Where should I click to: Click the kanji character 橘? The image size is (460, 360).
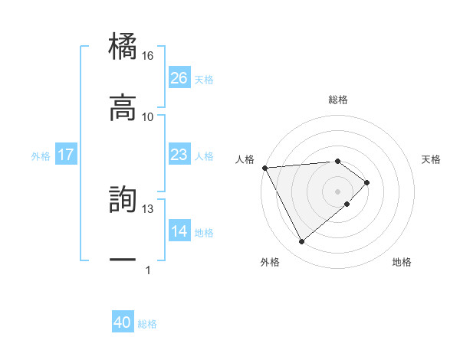123,47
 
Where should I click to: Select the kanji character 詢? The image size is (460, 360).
123,200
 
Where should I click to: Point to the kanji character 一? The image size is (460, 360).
123,260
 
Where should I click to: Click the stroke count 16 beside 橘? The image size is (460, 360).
147,56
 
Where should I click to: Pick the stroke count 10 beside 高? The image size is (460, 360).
147,116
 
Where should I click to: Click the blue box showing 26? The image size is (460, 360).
179,77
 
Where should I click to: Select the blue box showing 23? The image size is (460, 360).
179,155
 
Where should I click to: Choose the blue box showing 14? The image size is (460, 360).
179,231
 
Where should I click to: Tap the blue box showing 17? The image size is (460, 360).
66,155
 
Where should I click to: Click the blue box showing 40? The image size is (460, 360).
123,323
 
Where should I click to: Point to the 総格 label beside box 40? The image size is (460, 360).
147,324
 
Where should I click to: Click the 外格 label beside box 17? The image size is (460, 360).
41,155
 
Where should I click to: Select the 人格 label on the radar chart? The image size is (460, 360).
245,159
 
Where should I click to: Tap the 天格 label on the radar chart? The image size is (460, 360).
431,159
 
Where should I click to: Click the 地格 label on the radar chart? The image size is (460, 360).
402,262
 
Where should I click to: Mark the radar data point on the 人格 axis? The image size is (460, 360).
264,168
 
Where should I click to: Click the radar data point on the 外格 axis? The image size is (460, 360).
302,242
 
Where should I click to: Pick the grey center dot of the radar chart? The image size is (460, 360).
337,191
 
